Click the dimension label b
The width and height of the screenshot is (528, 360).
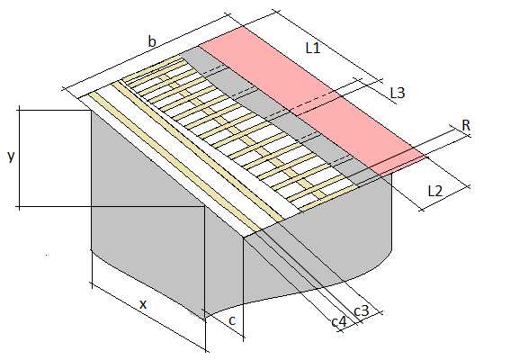pyautogui.click(x=152, y=41)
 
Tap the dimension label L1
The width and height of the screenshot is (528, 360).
pyautogui.click(x=313, y=49)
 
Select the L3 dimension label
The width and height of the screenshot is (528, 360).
pyautogui.click(x=398, y=93)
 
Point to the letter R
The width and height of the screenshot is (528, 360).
pyautogui.click(x=466, y=125)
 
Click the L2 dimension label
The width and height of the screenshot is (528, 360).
pyautogui.click(x=434, y=191)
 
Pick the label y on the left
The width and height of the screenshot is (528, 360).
pyautogui.click(x=11, y=157)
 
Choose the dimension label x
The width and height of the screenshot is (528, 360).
pyautogui.click(x=143, y=304)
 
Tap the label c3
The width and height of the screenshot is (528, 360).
pyautogui.click(x=362, y=310)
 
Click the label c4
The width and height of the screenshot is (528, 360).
pyautogui.click(x=339, y=321)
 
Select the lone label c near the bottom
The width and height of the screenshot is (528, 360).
pyautogui.click(x=232, y=320)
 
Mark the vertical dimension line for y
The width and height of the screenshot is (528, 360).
pyautogui.click(x=19, y=157)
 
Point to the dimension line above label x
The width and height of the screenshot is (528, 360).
pyautogui.click(x=149, y=318)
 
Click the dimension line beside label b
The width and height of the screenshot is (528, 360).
pyautogui.click(x=147, y=52)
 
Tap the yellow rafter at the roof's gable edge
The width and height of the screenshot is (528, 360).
pyautogui.click(x=174, y=163)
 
